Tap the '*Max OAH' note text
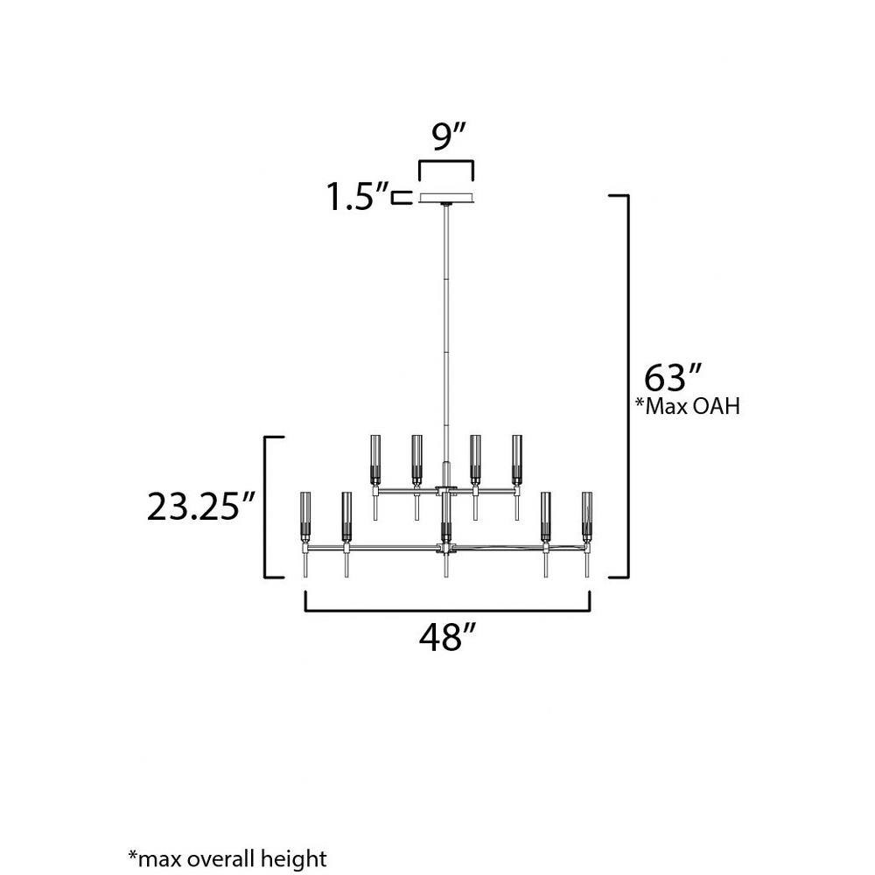point(688,406)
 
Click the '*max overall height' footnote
point(227,858)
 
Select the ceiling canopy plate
point(446,199)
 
